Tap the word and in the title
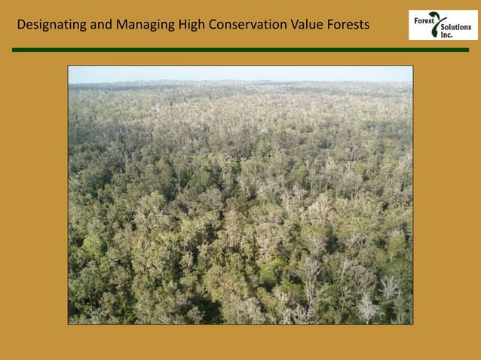101,24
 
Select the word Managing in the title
146,24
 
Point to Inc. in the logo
447,35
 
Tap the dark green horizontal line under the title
240,50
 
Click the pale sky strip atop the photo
240,73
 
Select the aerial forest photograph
240,203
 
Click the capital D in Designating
21,24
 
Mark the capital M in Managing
121,24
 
